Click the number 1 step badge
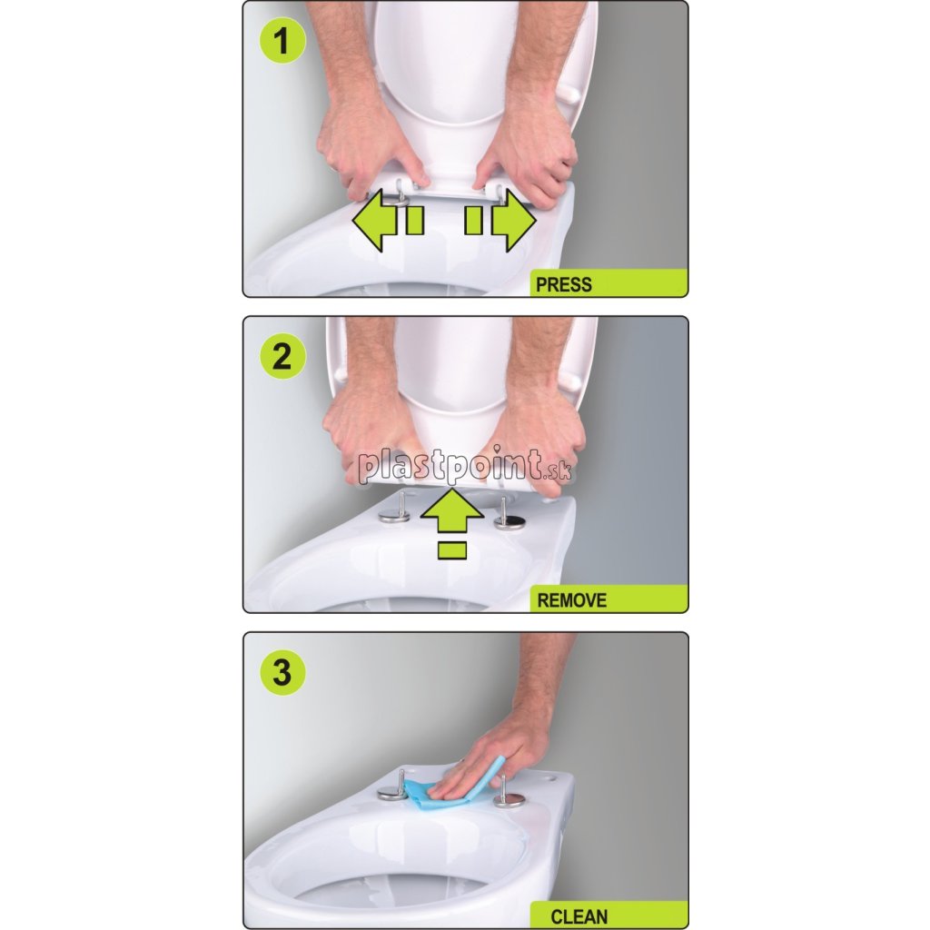click(x=282, y=42)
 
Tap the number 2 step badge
click(x=282, y=357)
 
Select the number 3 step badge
click(x=282, y=673)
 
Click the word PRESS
click(x=563, y=284)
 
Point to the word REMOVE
click(x=572, y=600)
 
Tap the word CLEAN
click(x=579, y=916)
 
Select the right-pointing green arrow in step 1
click(x=514, y=221)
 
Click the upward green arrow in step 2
click(x=452, y=511)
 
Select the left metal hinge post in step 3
click(x=393, y=786)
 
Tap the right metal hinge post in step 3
click(x=506, y=792)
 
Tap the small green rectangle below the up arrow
click(x=452, y=550)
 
